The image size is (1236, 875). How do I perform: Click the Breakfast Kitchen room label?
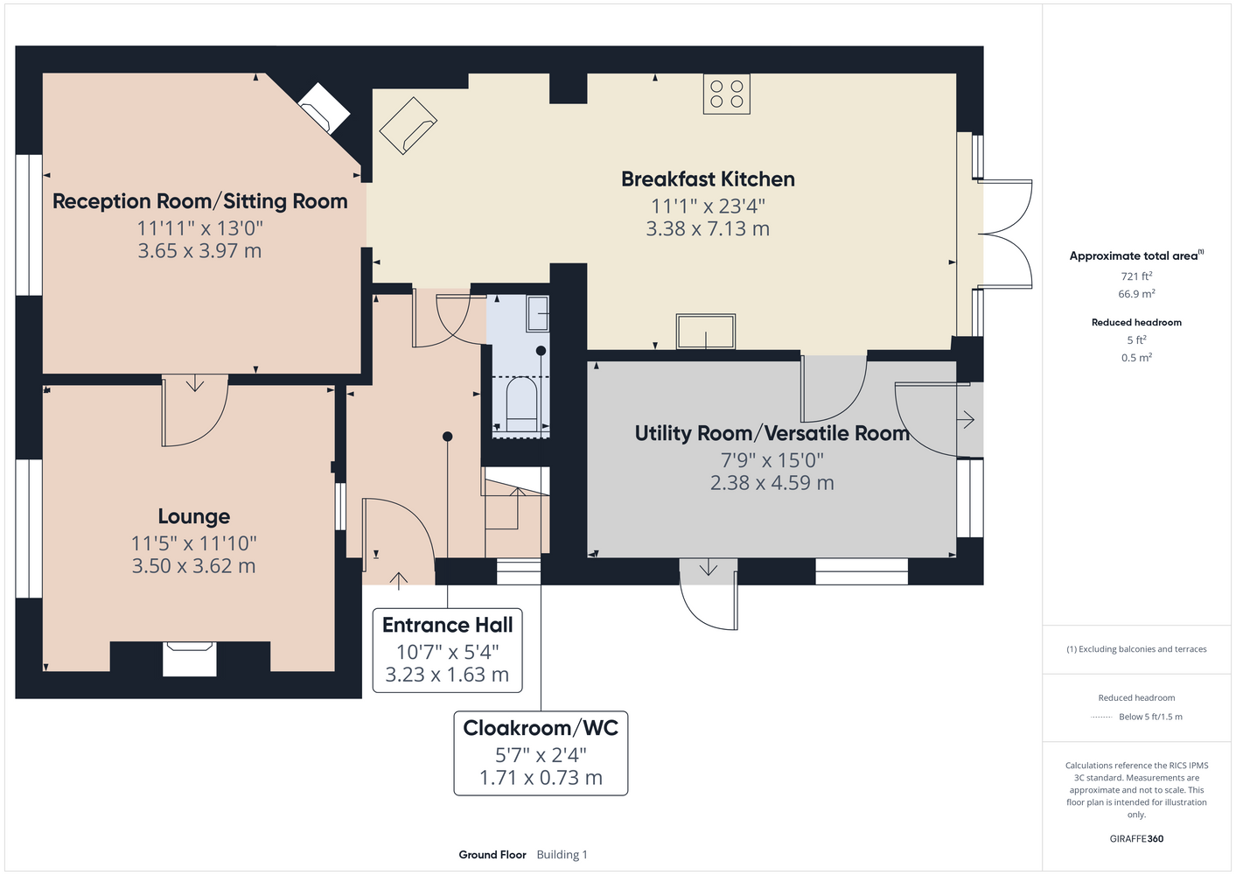tap(708, 178)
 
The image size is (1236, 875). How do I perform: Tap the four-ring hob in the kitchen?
tap(726, 94)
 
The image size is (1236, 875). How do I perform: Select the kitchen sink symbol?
tap(706, 332)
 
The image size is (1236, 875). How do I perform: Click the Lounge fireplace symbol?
tap(189, 659)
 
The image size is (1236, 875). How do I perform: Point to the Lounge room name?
tap(193, 516)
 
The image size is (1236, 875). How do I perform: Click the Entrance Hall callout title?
tap(448, 625)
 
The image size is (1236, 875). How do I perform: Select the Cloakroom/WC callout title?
tap(541, 728)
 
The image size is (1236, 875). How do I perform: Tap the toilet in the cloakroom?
tap(521, 404)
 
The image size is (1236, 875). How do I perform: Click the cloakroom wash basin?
tap(537, 313)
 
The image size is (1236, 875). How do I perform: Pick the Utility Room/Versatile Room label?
tap(772, 433)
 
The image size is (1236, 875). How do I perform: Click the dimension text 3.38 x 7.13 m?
tap(708, 228)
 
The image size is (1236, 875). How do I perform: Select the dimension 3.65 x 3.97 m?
tap(199, 250)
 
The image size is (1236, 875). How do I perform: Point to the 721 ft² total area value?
tap(1136, 276)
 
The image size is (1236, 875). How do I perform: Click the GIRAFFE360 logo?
tap(1136, 838)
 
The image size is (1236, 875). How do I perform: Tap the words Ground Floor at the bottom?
tap(492, 855)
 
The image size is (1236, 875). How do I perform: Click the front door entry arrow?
tap(398, 581)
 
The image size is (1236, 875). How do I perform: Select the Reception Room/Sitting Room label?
tap(199, 201)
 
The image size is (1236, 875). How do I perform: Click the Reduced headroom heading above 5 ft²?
tap(1136, 322)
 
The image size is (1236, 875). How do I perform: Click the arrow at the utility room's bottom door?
tap(709, 568)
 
